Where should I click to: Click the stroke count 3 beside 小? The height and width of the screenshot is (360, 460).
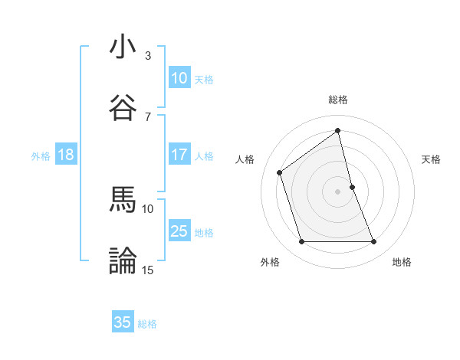(147, 56)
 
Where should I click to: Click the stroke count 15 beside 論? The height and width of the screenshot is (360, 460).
(147, 270)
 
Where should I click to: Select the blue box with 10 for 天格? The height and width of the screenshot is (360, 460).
(179, 78)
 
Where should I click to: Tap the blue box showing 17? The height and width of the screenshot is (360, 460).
(179, 155)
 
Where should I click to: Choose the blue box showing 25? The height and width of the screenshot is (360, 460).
(179, 231)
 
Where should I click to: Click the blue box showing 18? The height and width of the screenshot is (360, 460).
(66, 155)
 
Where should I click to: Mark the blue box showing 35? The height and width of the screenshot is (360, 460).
(123, 322)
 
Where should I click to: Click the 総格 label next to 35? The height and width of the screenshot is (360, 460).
(147, 324)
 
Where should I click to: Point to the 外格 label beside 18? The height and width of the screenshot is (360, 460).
(41, 156)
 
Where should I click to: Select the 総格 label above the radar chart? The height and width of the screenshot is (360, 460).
(338, 100)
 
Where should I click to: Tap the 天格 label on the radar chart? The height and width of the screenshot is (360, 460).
(432, 159)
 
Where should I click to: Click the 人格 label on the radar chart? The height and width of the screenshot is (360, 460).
(245, 159)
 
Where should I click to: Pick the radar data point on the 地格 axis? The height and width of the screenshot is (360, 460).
(374, 242)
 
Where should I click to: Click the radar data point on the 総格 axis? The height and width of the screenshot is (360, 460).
(338, 131)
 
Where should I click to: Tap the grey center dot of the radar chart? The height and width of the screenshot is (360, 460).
(338, 191)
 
